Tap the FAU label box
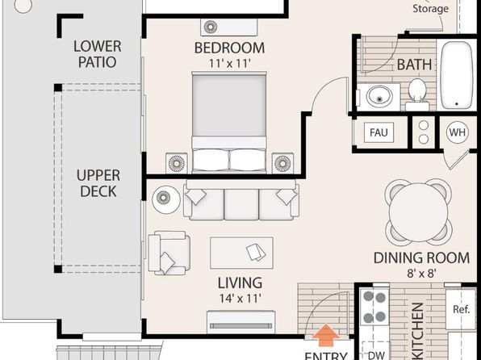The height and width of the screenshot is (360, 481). point(379,132)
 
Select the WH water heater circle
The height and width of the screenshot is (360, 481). point(457,132)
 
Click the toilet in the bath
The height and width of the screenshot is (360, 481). point(417,94)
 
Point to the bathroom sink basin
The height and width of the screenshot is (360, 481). point(379,96)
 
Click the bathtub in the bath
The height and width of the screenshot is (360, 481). point(457,75)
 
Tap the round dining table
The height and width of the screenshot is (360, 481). point(418,212)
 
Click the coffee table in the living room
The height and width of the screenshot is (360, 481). point(241,253)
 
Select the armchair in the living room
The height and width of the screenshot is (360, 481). point(169,253)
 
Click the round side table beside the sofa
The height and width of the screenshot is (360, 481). point(166,199)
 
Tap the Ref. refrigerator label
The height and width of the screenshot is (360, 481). point(462,309)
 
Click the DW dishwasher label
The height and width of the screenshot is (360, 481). point(376,355)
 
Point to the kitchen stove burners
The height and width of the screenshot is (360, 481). point(374,307)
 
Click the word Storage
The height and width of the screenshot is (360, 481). point(430,8)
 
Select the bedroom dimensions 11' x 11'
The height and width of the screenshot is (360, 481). point(230,64)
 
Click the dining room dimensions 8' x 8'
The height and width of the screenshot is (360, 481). point(421,273)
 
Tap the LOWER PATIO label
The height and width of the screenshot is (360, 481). point(98,54)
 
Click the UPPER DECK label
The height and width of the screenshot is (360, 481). point(98,183)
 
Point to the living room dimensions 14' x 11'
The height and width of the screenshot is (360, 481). point(240,298)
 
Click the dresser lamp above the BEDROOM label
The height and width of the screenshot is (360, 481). point(211,27)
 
